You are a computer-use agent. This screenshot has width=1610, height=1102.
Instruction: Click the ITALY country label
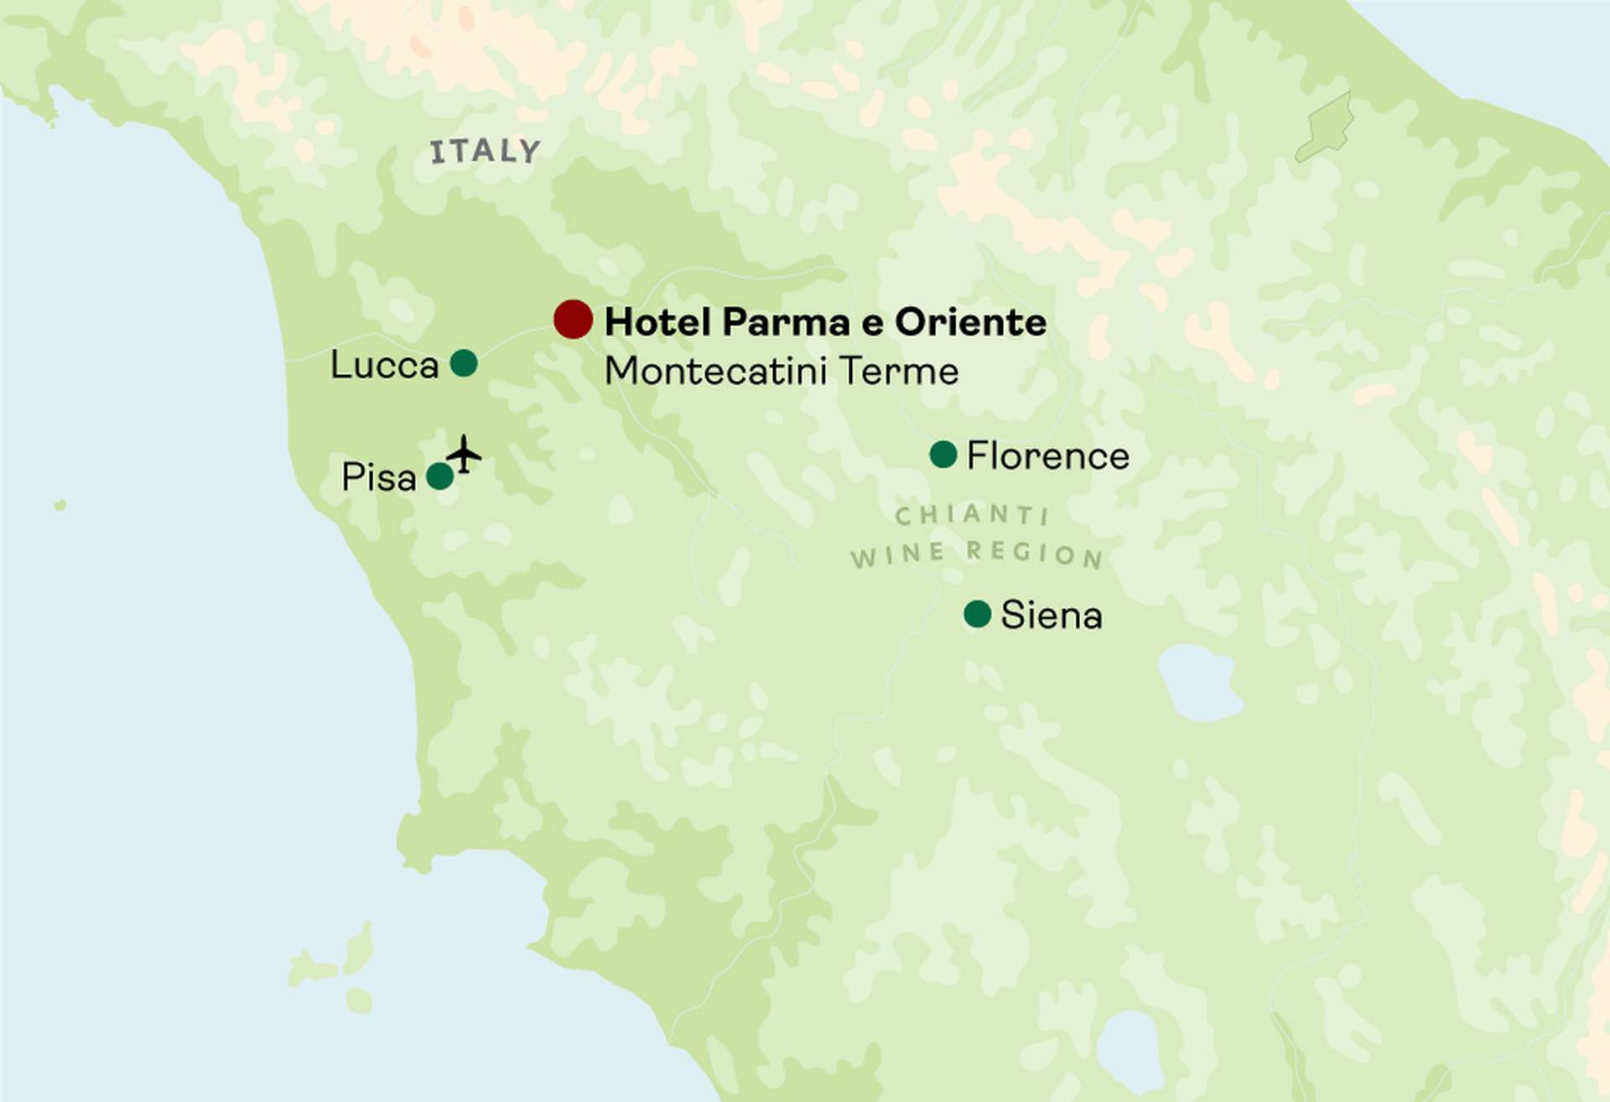click(485, 152)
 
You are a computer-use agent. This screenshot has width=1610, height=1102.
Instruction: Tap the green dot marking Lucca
click(464, 363)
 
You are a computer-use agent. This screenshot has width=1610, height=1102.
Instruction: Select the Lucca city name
click(384, 366)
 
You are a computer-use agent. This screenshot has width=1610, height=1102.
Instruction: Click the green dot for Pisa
click(440, 476)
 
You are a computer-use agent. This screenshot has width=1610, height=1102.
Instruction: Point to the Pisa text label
click(378, 478)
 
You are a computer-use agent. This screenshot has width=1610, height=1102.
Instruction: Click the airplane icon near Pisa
click(464, 455)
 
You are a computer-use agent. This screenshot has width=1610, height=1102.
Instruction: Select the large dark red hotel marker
click(574, 320)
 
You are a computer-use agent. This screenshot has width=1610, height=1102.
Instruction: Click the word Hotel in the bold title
click(657, 322)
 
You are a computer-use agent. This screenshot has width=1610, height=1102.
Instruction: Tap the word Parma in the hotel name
click(775, 323)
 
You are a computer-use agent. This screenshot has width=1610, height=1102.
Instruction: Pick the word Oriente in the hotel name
click(970, 322)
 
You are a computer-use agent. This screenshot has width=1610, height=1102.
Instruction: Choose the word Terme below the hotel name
click(898, 371)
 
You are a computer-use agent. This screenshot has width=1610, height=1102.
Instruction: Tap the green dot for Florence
click(943, 455)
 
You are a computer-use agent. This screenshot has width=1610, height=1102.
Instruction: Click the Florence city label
click(1047, 456)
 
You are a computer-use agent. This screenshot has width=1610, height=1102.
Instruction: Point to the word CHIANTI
click(972, 514)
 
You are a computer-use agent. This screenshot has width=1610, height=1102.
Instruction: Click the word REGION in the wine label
click(1034, 554)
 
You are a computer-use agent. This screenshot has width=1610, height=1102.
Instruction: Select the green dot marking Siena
click(978, 614)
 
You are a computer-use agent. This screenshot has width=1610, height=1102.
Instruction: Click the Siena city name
click(1051, 616)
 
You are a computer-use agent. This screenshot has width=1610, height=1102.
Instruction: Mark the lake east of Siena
click(1199, 682)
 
